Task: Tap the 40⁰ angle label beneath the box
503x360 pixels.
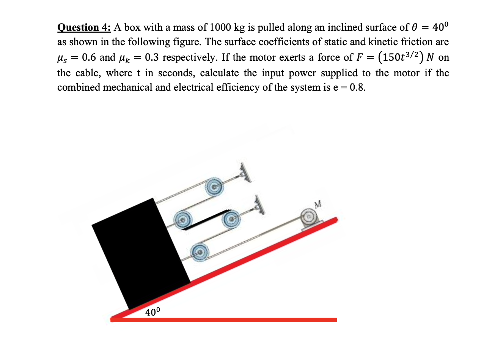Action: [x=152, y=312]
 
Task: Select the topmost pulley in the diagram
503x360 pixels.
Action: [x=214, y=187]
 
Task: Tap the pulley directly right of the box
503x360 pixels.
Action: [x=184, y=219]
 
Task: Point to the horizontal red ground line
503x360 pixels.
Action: [x=224, y=320]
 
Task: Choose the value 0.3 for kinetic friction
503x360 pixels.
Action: [x=152, y=57]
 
